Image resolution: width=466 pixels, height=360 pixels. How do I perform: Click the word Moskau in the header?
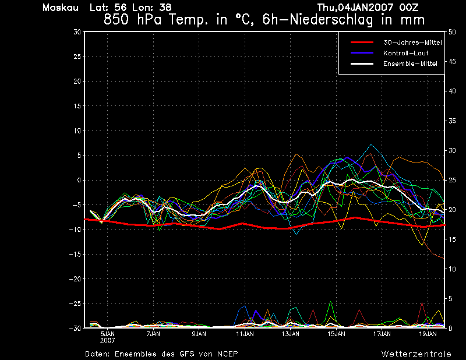(61, 8)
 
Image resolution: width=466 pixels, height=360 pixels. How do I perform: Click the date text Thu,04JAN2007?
(355, 8)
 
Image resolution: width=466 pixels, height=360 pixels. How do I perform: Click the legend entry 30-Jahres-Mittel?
(412, 43)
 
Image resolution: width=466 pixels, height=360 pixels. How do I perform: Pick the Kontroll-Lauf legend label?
(405, 53)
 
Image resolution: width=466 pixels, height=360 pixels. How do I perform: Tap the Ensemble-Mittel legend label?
(410, 63)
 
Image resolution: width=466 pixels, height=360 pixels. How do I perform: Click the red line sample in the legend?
(362, 43)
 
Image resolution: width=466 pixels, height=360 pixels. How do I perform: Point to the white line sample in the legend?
(362, 63)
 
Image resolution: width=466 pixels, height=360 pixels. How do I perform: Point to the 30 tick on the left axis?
(77, 32)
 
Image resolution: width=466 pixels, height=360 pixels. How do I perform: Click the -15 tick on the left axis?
(75, 255)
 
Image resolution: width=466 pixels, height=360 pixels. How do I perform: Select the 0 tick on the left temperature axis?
(79, 181)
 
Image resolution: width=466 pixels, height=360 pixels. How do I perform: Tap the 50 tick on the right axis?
(452, 32)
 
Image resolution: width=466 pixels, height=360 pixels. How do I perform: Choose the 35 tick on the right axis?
(452, 121)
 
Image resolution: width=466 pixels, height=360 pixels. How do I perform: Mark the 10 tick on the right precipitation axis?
(452, 269)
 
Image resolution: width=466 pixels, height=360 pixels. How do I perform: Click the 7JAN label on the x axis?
(153, 334)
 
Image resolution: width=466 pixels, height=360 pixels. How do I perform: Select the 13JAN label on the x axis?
(290, 334)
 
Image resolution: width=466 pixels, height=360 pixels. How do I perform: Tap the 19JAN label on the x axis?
(428, 334)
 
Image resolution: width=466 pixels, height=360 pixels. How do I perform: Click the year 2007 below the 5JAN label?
(107, 341)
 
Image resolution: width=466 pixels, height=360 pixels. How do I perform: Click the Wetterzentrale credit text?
(416, 354)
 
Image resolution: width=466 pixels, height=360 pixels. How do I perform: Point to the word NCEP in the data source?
(227, 354)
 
